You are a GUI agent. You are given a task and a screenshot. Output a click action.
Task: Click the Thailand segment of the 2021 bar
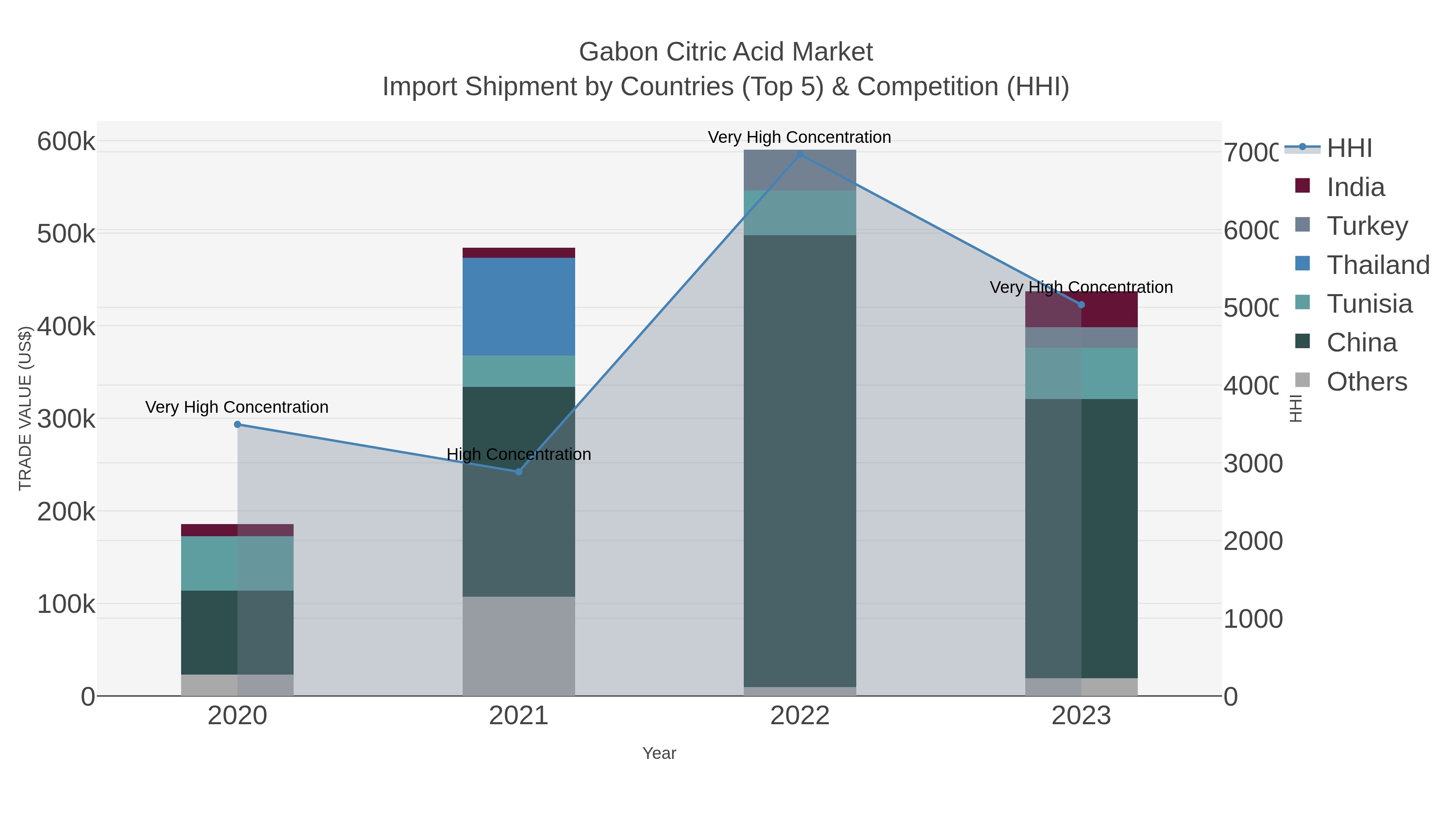click(519, 306)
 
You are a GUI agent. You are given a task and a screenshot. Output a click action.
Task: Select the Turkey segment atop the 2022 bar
click(799, 170)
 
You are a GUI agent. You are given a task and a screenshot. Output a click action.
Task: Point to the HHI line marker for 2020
click(237, 424)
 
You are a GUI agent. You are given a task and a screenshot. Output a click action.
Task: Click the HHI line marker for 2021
click(519, 471)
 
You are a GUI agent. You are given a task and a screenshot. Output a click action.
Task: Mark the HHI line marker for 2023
click(1081, 305)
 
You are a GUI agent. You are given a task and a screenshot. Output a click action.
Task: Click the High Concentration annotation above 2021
click(519, 454)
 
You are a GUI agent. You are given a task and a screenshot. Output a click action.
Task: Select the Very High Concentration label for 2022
click(799, 137)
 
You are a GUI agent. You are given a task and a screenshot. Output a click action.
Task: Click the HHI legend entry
click(1348, 148)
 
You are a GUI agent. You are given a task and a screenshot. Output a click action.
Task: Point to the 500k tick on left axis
click(66, 234)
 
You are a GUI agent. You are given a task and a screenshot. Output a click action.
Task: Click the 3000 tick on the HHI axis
click(1252, 464)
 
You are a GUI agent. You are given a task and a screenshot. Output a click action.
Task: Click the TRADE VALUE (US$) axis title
click(25, 408)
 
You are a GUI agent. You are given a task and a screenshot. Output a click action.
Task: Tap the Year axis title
click(659, 753)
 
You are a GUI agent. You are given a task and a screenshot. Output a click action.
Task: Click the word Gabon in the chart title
click(618, 52)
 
